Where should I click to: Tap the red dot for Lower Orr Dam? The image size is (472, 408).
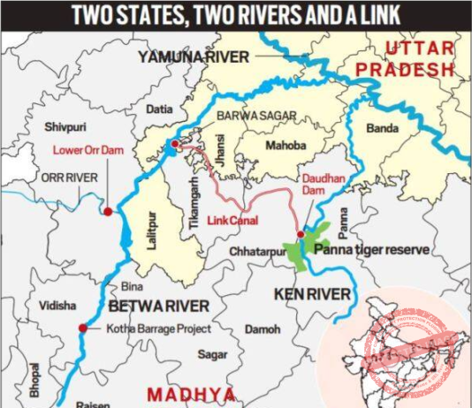click(x=108, y=212)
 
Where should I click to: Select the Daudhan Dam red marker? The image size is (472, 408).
click(x=301, y=235)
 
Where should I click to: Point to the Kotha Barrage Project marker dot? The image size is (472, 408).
click(x=83, y=329)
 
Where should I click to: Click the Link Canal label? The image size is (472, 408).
click(x=232, y=220)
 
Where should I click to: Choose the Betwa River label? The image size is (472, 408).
click(x=159, y=306)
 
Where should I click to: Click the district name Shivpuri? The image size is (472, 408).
click(x=67, y=125)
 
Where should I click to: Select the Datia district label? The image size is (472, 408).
click(x=160, y=110)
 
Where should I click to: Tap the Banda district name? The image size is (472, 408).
click(x=382, y=129)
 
